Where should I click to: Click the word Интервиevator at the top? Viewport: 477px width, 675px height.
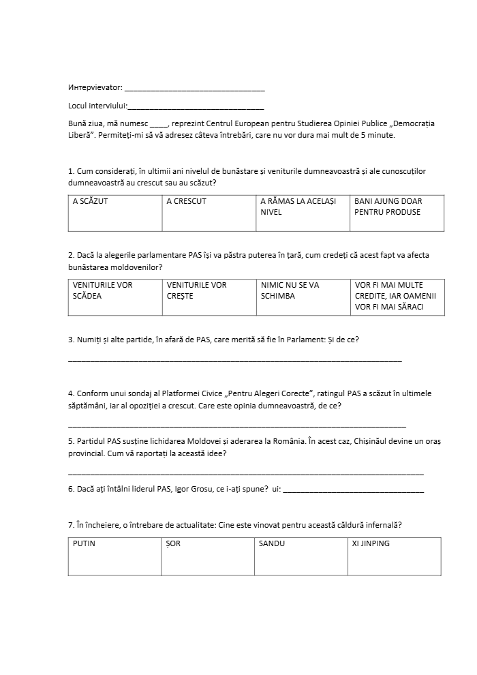[95, 87]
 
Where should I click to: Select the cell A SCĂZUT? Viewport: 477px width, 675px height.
[115, 213]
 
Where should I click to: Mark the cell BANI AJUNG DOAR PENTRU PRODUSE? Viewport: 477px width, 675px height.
[397, 213]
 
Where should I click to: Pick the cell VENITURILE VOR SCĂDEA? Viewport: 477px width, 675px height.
[115, 297]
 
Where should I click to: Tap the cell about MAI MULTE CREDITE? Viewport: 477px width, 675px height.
[397, 297]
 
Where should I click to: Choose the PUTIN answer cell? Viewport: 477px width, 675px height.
[115, 556]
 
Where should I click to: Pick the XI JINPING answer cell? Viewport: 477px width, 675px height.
[394, 556]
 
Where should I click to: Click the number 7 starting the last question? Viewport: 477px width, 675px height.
[71, 525]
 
